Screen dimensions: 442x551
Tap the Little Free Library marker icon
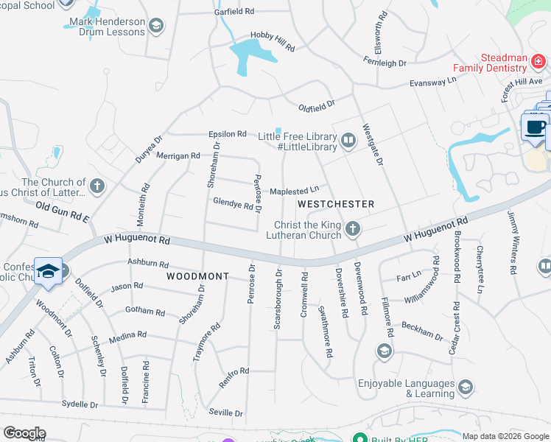point(348,138)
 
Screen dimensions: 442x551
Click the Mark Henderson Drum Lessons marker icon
point(155,27)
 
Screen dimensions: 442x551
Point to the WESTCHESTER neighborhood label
point(336,203)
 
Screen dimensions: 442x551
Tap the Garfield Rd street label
point(234,13)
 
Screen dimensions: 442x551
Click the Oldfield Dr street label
point(316,106)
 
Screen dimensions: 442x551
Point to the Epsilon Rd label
point(227,134)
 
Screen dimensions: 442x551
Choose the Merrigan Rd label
point(180,155)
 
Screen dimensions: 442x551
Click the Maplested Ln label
point(295,192)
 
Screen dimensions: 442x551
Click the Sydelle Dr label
point(80,404)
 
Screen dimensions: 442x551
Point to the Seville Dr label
point(225,413)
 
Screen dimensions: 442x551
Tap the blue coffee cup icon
point(534,127)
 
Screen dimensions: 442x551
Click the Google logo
point(24,433)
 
